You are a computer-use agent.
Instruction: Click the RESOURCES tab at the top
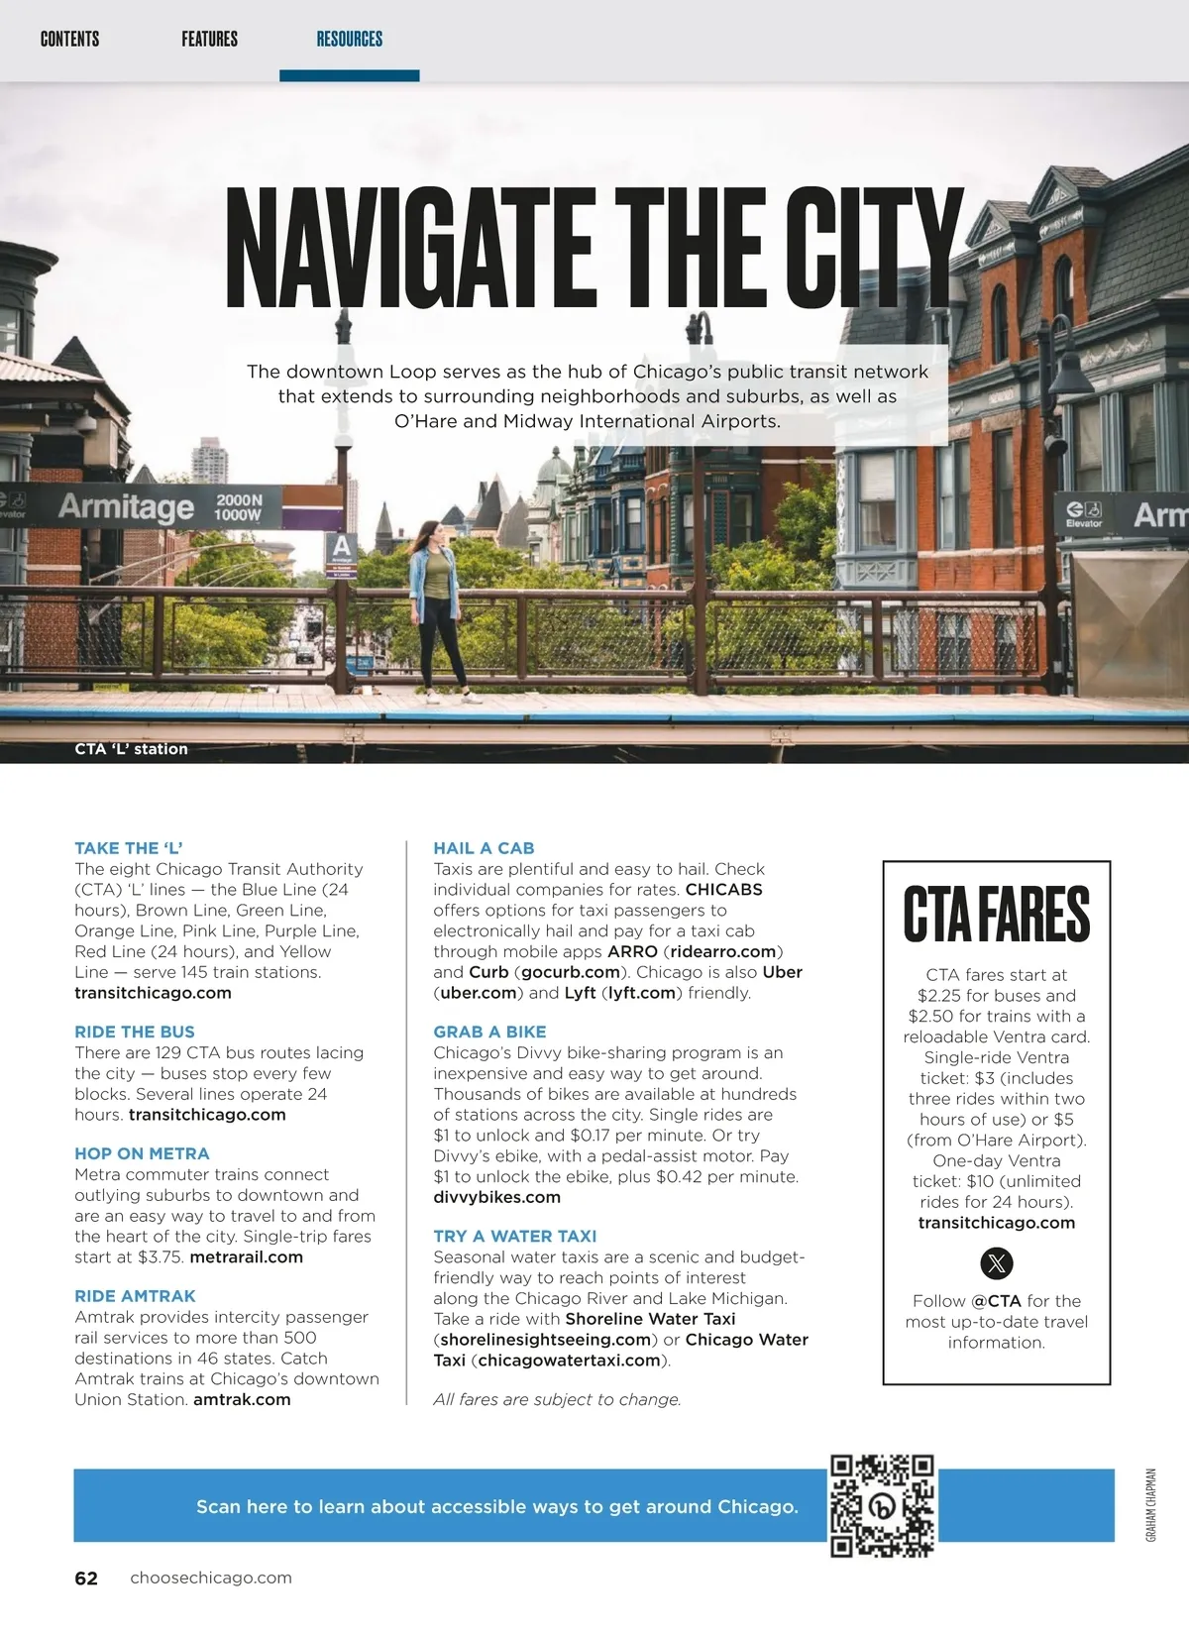349,40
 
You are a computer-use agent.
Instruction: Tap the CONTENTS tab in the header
69,40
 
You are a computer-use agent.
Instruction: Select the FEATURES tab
209,40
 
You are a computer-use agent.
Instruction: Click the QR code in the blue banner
882,1505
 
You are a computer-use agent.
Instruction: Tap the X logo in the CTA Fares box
996,1263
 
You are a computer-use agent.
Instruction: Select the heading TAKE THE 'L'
129,848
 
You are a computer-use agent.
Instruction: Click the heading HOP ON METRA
142,1153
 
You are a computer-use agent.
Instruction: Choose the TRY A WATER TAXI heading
514,1236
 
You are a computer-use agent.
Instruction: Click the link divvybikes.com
496,1197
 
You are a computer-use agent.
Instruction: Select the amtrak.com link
242,1399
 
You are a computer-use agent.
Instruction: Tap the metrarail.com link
246,1256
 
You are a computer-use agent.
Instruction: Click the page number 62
86,1579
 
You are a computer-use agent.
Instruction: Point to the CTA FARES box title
996,915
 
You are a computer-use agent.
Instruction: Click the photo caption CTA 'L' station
131,749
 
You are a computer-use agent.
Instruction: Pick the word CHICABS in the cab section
723,889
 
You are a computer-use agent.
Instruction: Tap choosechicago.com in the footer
211,1578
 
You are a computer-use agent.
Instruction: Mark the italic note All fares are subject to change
557,1399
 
